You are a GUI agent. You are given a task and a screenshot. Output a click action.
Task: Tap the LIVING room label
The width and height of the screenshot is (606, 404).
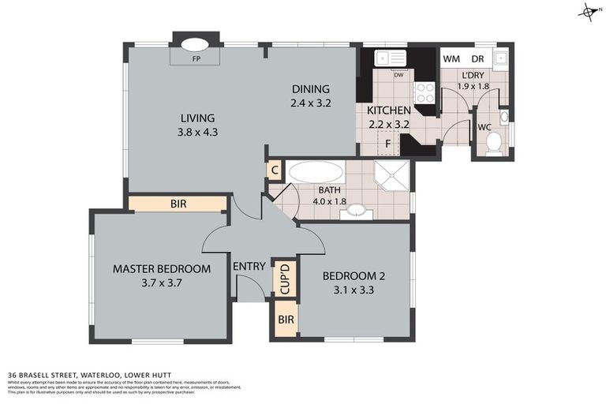[196, 118]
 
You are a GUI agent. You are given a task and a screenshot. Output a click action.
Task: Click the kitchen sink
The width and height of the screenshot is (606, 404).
[391, 58]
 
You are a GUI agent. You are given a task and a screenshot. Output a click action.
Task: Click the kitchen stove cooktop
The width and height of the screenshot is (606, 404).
[424, 93]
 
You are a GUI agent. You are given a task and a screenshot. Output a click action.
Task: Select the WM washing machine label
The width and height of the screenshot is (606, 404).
[452, 59]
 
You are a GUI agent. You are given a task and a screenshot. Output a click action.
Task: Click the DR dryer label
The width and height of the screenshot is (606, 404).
[477, 59]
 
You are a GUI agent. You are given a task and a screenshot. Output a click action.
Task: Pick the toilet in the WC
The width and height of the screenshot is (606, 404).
[495, 143]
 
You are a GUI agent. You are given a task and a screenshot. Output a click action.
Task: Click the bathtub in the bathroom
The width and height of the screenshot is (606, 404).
[316, 173]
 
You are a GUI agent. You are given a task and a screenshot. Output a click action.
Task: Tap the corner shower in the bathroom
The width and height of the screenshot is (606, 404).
[392, 178]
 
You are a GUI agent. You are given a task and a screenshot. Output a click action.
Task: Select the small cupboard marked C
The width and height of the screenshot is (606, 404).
[275, 170]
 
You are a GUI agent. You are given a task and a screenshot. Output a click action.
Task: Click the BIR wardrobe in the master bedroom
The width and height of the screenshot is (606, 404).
[178, 204]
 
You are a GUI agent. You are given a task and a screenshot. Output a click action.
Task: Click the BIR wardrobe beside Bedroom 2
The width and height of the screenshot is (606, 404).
[284, 321]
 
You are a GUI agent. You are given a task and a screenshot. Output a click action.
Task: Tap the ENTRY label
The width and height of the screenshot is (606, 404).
[249, 266]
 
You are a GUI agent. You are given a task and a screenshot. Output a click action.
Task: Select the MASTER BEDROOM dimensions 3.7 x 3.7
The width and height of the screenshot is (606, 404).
[162, 283]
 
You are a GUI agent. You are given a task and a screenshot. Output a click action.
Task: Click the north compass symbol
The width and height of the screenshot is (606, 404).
[588, 11]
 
